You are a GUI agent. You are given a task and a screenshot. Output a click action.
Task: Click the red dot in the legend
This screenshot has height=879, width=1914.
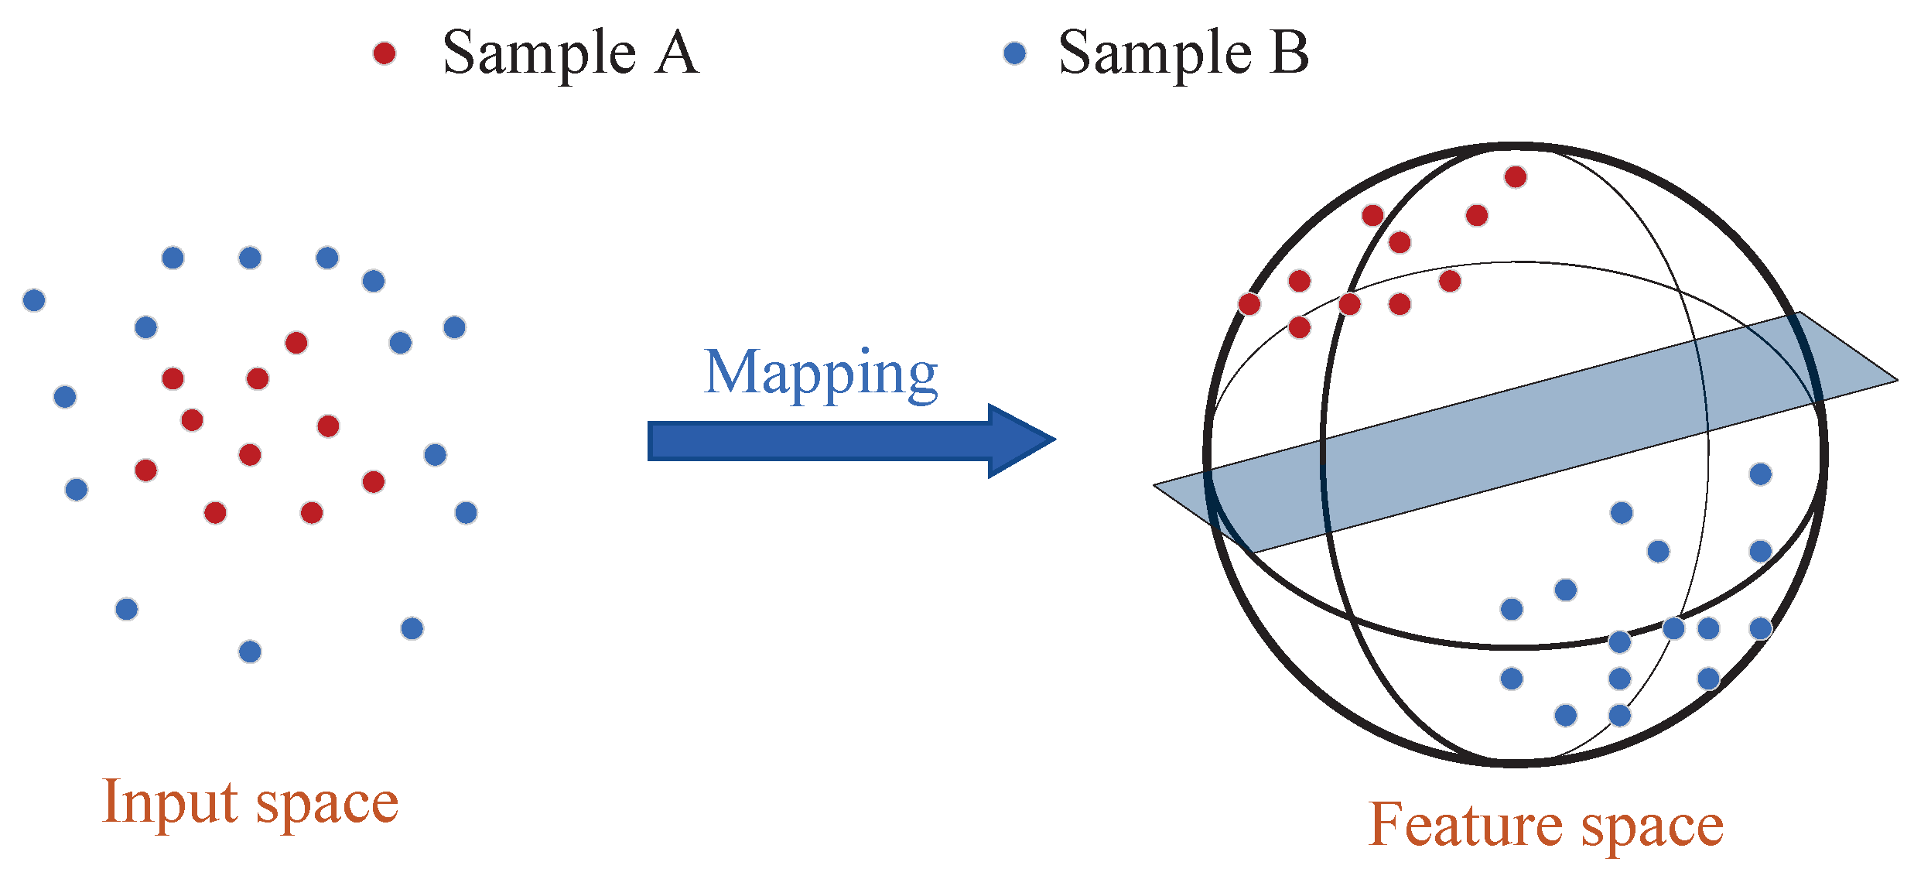[385, 53]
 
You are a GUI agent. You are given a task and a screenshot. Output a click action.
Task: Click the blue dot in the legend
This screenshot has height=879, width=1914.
[1014, 53]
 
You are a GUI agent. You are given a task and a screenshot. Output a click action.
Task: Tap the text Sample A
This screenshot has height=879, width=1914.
[570, 53]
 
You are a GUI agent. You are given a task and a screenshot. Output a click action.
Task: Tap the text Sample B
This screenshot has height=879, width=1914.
[1183, 53]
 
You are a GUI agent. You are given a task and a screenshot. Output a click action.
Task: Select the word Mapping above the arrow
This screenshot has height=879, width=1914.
[821, 374]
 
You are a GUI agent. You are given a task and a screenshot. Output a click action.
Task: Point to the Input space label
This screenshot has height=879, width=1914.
[250, 803]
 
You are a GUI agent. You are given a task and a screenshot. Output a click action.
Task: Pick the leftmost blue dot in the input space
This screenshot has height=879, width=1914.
[34, 300]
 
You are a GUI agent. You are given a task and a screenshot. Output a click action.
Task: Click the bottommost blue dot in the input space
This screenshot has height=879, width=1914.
[250, 652]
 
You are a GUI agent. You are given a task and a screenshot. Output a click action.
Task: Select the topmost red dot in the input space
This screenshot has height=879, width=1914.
[296, 343]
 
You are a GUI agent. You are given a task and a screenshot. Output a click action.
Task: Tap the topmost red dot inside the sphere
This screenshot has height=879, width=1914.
[1516, 177]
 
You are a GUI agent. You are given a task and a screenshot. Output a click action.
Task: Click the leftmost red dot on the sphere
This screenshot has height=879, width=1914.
[1249, 304]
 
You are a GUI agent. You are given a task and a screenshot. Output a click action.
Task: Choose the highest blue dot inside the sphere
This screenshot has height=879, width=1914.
[1761, 474]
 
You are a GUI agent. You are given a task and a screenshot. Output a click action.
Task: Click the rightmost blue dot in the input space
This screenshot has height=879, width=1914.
[467, 512]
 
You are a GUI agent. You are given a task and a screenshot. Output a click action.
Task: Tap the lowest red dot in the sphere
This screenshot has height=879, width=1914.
[1300, 327]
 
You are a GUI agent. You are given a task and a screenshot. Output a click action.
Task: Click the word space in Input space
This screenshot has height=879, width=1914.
[327, 805]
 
